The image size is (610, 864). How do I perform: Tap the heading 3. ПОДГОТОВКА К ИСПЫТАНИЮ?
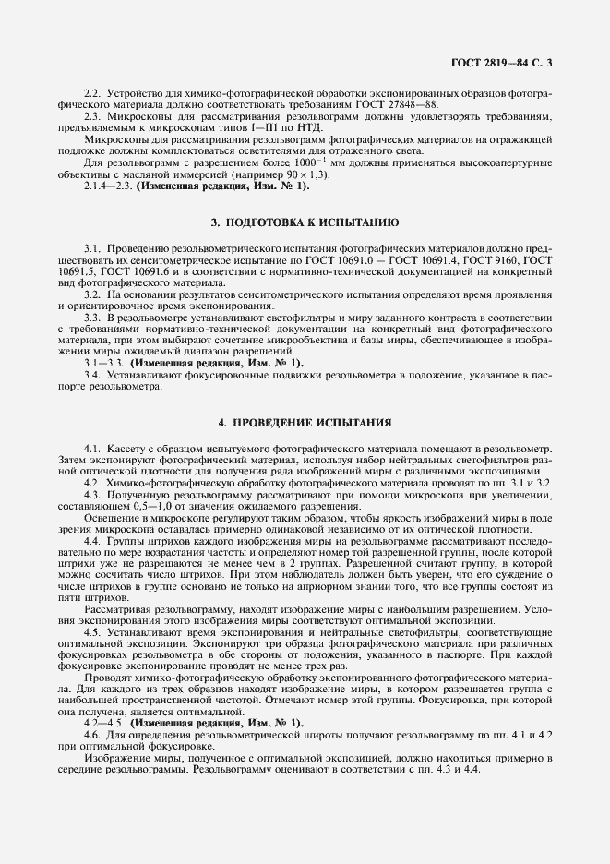pyautogui.click(x=305, y=222)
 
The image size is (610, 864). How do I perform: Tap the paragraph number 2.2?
pyautogui.click(x=92, y=93)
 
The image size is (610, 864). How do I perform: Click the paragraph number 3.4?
pyautogui.click(x=92, y=375)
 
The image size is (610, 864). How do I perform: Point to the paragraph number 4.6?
pyautogui.click(x=92, y=734)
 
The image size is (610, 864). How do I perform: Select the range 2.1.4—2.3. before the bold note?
pyautogui.click(x=107, y=186)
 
